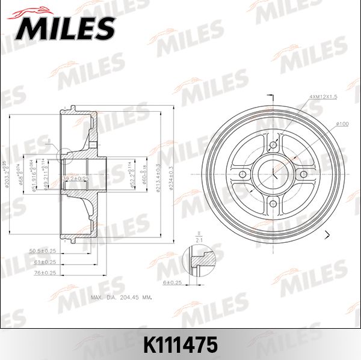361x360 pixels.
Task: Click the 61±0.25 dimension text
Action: (x=46, y=262)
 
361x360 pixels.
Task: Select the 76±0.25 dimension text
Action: (x=46, y=272)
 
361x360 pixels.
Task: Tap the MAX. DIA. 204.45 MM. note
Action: (x=120, y=297)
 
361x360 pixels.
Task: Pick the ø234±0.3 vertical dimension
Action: (x=173, y=174)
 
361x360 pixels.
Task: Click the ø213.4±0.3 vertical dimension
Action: (x=158, y=174)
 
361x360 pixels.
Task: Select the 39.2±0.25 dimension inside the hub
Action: (x=77, y=178)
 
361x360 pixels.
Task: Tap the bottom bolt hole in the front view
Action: (x=273, y=204)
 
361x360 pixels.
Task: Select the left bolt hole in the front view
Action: (x=243, y=174)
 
